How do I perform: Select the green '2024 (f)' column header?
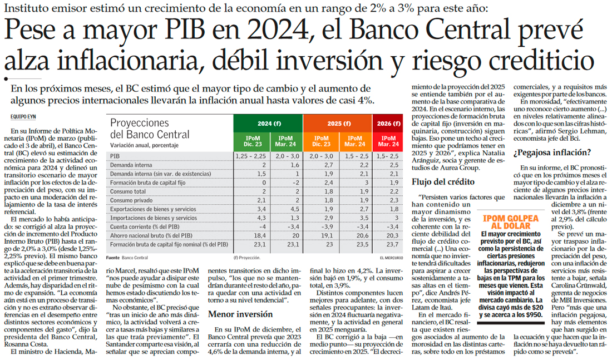(268, 124)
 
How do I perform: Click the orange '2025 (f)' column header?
(338, 124)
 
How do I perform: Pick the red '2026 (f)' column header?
(387, 124)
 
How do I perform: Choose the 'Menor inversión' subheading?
(232, 314)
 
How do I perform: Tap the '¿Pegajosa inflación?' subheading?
(551, 152)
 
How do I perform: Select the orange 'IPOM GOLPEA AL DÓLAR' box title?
(511, 221)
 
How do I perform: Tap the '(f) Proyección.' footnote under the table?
(248, 258)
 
